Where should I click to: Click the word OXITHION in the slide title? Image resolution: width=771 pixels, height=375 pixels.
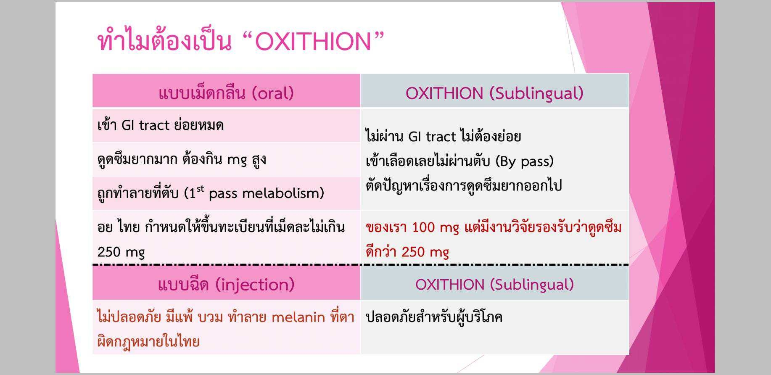coord(314,42)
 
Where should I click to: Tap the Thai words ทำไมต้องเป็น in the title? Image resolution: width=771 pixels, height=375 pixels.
coord(164,42)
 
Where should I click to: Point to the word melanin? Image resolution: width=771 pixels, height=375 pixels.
coord(298,317)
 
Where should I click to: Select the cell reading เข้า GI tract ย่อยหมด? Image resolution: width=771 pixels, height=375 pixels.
coord(161,125)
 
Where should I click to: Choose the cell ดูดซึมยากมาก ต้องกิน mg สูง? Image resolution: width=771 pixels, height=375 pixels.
coord(182,159)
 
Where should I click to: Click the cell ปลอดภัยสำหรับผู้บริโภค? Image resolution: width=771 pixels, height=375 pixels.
coord(434,317)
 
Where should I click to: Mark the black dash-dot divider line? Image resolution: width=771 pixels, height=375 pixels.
coord(360,265)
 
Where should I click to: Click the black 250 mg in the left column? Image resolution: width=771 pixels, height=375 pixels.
coord(121,252)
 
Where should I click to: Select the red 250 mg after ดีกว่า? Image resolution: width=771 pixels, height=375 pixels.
coord(425,252)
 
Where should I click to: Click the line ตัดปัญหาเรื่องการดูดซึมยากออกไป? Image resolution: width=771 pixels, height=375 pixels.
coord(463,186)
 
